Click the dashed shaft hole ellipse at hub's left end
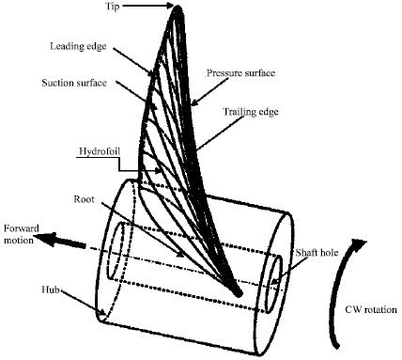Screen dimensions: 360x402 coord(115,251)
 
